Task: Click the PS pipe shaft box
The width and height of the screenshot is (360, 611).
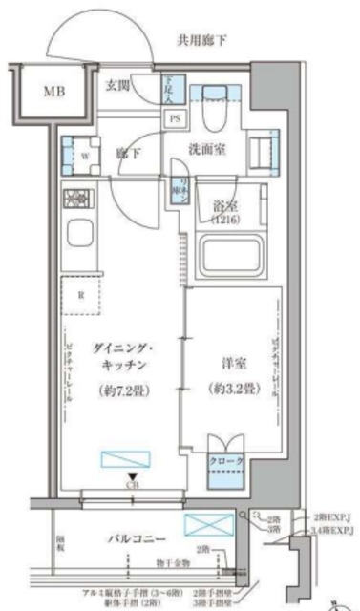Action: [x=176, y=119]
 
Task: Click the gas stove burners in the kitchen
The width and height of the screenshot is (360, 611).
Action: [x=75, y=200]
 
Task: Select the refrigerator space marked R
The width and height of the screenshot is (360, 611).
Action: [x=80, y=295]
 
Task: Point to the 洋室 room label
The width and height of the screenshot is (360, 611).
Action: [x=229, y=363]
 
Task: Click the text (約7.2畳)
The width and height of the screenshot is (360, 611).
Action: [x=120, y=390]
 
